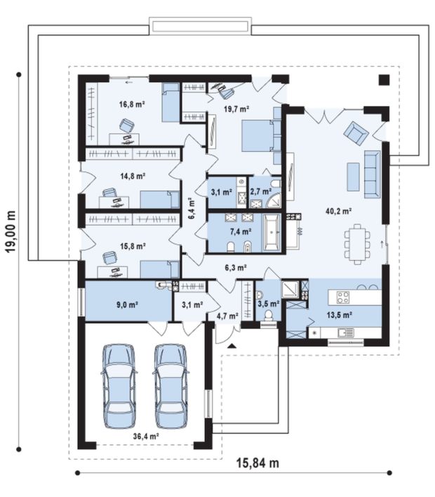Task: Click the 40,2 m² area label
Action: pos(339,211)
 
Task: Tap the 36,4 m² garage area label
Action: pos(146,437)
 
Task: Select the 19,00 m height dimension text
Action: pos(11,231)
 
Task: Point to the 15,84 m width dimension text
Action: pos(257,463)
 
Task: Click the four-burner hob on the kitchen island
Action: pos(342,297)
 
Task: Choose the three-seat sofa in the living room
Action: pos(372,174)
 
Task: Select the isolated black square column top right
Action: pos(384,79)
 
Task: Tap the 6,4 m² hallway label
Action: pos(192,208)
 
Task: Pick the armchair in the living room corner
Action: pos(356,132)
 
